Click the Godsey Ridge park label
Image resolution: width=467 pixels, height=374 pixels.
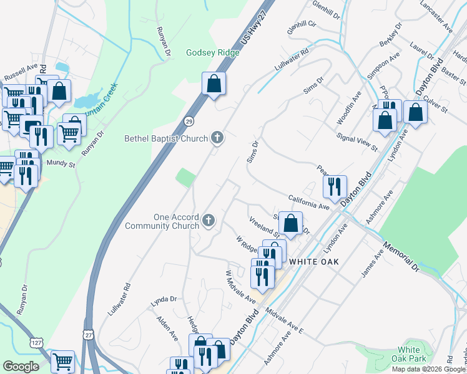(212, 52)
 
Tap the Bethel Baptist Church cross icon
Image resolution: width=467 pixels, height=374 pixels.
(217, 138)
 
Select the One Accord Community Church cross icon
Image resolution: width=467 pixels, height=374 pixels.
(209, 220)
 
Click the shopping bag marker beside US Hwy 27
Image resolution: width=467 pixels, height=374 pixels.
(213, 84)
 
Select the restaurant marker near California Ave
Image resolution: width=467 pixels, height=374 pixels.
(335, 185)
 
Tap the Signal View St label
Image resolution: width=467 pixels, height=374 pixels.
(356, 142)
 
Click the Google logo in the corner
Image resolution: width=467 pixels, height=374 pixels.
(21, 367)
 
